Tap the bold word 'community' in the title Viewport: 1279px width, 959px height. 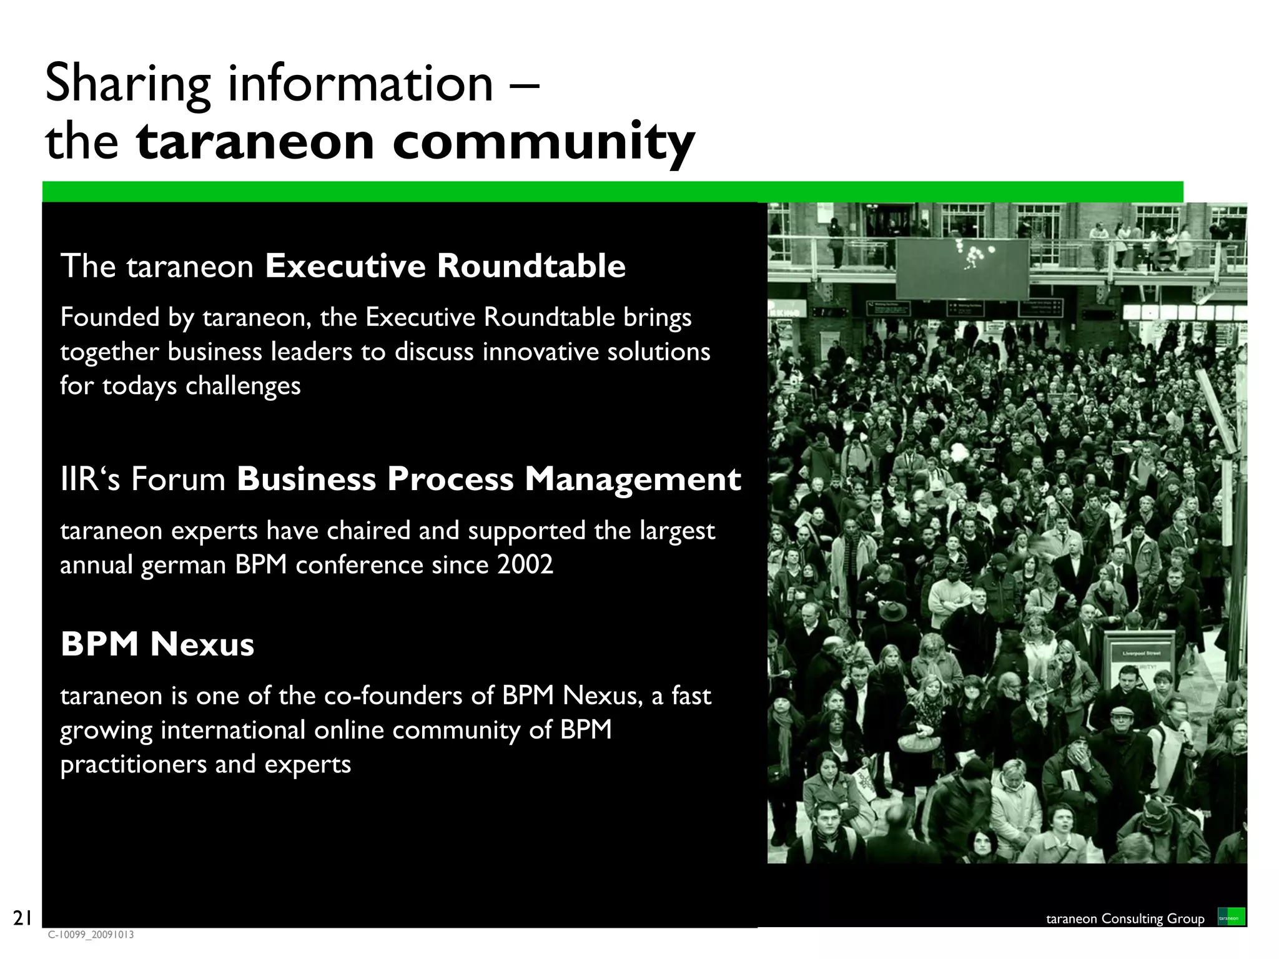point(543,142)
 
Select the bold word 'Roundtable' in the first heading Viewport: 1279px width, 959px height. point(531,266)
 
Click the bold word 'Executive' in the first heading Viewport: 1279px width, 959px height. point(346,266)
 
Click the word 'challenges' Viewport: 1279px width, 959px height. point(243,386)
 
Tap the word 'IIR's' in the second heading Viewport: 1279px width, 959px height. point(90,479)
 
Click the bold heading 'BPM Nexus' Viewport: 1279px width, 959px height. point(157,644)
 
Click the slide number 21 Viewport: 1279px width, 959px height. point(22,918)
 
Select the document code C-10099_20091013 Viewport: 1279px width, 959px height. point(91,935)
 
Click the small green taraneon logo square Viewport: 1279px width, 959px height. point(1231,917)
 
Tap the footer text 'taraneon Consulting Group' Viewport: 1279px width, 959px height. point(1125,918)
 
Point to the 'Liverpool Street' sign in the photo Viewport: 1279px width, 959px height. point(1140,653)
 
